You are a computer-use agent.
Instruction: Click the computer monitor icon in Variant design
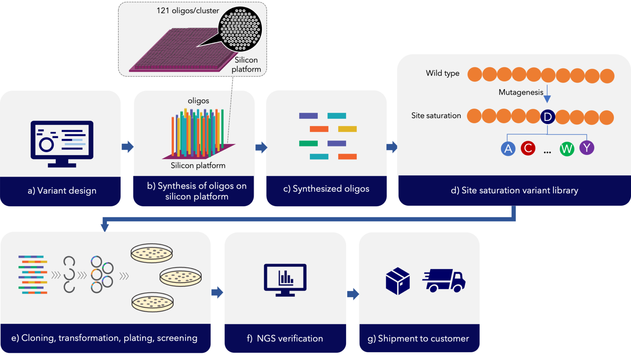coord(62,143)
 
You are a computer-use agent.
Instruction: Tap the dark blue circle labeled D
coord(548,117)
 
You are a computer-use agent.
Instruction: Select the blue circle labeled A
coord(508,149)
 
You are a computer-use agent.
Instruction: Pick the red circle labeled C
coord(528,148)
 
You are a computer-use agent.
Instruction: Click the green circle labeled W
coord(567,149)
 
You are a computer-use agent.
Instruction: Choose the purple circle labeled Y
coord(587,148)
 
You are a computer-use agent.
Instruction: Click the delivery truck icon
coord(444,280)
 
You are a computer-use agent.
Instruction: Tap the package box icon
coord(398,281)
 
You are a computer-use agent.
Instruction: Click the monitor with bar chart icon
coord(285,280)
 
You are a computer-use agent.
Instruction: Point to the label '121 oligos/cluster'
coord(188,11)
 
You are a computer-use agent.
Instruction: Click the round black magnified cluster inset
coord(240,29)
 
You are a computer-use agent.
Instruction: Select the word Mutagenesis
coord(521,92)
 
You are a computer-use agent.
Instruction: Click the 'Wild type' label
coord(442,73)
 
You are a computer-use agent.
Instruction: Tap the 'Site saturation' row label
coord(436,116)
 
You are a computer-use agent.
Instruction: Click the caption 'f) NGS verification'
coord(285,338)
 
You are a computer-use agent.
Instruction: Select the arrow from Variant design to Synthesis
coord(128,147)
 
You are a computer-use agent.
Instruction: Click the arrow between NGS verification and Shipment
coord(353,294)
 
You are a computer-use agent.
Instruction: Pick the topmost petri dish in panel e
coord(152,253)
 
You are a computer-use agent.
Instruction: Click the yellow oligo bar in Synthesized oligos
coord(347,129)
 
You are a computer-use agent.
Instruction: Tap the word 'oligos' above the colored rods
coord(198,101)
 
